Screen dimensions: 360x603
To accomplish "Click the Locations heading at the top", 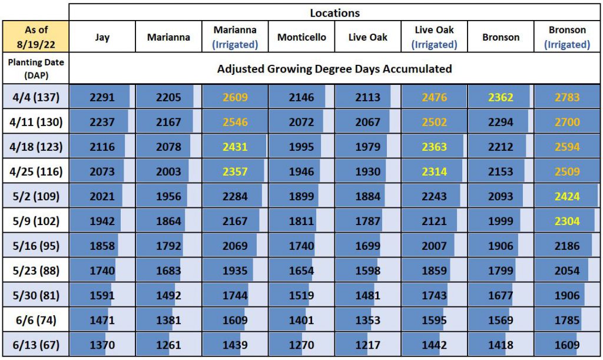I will pyautogui.click(x=334, y=12).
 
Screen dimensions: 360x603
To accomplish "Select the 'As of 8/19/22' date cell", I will pyautogui.click(x=36, y=37).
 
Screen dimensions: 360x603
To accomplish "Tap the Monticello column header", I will pyautogui.click(x=301, y=37).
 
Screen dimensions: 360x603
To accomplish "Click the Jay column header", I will pyautogui.click(x=102, y=37).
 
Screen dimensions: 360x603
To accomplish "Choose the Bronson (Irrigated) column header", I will pyautogui.click(x=567, y=37).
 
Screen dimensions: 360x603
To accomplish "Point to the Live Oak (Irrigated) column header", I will pyautogui.click(x=434, y=37).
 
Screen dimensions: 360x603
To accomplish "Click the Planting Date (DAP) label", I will pyautogui.click(x=36, y=68).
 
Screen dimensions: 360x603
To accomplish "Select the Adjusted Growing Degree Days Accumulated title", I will pyautogui.click(x=334, y=68).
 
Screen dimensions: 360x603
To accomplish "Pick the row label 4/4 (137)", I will pyautogui.click(x=36, y=97).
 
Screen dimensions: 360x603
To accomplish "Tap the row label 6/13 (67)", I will pyautogui.click(x=36, y=345).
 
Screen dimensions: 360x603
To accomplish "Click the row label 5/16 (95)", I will pyautogui.click(x=36, y=246).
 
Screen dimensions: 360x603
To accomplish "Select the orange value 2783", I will pyautogui.click(x=567, y=97).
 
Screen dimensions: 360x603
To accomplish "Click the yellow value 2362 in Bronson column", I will pyautogui.click(x=501, y=97).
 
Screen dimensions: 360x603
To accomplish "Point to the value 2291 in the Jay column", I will pyautogui.click(x=102, y=97).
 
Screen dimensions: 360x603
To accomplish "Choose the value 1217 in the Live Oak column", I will pyautogui.click(x=367, y=345).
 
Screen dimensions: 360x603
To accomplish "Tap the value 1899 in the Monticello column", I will pyautogui.click(x=301, y=196).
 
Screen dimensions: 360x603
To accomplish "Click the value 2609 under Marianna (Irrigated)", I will pyautogui.click(x=235, y=97).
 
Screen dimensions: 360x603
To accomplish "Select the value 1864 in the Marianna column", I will pyautogui.click(x=168, y=221).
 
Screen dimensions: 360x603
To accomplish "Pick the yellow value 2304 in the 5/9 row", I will pyautogui.click(x=567, y=221).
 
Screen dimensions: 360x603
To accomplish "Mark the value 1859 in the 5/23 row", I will pyautogui.click(x=434, y=270).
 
